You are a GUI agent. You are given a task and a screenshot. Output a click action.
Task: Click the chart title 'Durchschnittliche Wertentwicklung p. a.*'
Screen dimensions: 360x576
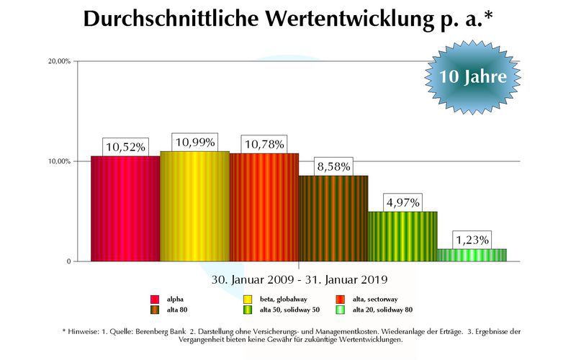point(287,19)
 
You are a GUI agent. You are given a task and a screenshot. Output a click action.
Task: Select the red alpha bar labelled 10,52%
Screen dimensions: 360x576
point(125,209)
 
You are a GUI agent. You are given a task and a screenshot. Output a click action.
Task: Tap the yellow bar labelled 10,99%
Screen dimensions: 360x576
point(194,207)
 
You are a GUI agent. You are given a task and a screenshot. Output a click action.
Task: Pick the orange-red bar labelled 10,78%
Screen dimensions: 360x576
point(264,207)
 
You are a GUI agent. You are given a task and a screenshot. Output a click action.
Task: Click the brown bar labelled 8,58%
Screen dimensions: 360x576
point(333,218)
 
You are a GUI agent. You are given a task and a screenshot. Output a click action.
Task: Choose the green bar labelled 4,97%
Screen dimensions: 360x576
point(402,236)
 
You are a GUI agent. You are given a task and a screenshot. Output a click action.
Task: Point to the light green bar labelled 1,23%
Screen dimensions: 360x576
point(472,255)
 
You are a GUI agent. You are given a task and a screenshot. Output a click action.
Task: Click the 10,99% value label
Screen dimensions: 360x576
point(194,143)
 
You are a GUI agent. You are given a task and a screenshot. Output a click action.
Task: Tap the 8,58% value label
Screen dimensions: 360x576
point(333,166)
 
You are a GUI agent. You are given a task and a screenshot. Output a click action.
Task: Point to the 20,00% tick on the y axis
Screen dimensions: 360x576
point(60,61)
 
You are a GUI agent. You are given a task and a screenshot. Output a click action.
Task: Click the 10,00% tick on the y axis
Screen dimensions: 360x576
point(60,161)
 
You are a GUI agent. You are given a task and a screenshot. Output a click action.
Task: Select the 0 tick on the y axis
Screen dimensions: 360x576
point(69,261)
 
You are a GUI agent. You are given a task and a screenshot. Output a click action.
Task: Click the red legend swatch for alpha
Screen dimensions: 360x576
point(154,299)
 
